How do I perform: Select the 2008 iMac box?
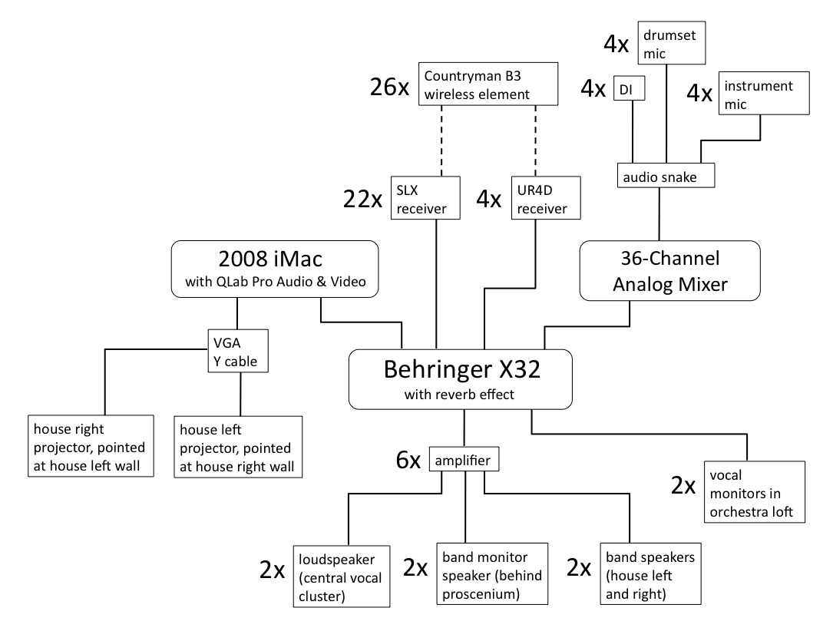(x=276, y=267)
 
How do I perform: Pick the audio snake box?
(x=666, y=177)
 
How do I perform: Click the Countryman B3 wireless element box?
(x=488, y=84)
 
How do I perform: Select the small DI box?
(x=629, y=90)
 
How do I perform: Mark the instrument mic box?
(x=762, y=94)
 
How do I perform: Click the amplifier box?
(x=464, y=460)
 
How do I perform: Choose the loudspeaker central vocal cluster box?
(x=342, y=573)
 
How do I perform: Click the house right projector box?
(x=90, y=446)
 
